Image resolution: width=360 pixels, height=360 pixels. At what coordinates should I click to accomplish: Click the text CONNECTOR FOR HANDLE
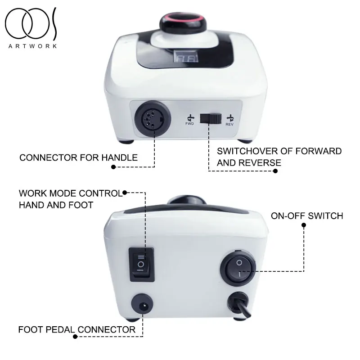(x=78, y=158)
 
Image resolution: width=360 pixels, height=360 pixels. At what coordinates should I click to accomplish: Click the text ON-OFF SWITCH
(x=307, y=216)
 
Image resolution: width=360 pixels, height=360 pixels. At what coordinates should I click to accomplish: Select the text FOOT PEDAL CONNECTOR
(x=76, y=330)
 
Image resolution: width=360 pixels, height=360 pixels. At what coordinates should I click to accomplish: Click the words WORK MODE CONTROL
(x=70, y=194)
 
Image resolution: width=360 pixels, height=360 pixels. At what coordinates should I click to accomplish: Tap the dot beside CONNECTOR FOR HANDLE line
(x=113, y=166)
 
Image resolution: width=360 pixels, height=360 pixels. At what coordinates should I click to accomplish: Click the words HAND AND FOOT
(x=56, y=205)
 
